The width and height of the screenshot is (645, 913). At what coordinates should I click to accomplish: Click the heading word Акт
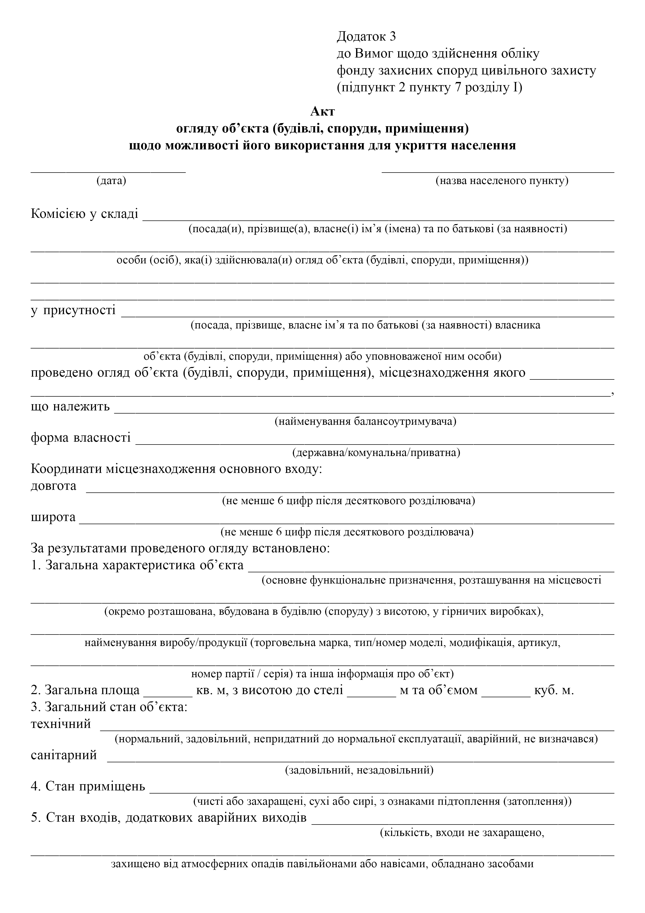coord(322,111)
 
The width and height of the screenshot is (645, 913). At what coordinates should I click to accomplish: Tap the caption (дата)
coord(111,181)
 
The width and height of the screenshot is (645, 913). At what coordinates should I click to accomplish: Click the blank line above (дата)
coord(108,170)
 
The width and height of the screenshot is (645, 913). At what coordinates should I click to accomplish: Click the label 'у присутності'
coord(74,310)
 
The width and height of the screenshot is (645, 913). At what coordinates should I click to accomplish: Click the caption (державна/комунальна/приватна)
coord(376,453)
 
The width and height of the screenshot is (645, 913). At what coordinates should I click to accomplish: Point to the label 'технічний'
coord(61,724)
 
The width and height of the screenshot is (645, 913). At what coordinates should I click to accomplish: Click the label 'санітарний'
coord(64,755)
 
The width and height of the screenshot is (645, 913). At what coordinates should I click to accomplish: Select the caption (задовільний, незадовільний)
coord(359,770)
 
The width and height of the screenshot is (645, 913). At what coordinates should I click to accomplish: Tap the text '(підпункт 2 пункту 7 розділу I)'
coord(429,87)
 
